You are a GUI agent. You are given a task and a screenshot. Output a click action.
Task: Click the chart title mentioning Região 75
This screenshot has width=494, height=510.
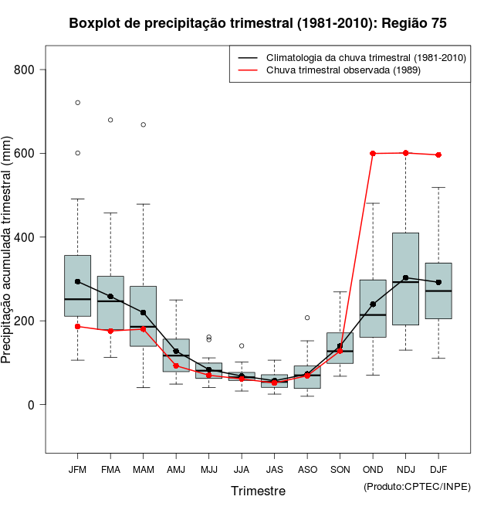point(258,23)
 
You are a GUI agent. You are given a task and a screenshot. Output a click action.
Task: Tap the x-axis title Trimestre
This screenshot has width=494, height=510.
point(258,491)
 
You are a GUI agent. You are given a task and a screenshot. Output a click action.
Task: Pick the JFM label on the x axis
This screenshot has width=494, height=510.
point(77,469)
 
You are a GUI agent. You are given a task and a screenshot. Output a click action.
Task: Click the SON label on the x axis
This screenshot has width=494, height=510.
point(340,469)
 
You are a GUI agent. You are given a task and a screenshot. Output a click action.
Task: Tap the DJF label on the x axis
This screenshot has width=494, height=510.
point(438,469)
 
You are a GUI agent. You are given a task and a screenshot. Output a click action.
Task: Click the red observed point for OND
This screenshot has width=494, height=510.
point(373,154)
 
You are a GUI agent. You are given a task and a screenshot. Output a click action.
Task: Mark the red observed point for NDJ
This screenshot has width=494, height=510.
point(405,153)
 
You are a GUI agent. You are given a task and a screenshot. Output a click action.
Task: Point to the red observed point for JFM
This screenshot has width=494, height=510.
point(77,326)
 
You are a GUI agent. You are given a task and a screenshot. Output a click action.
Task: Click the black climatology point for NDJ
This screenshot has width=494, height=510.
point(405,277)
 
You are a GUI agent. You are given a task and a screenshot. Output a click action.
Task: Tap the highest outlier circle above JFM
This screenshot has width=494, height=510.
point(77,103)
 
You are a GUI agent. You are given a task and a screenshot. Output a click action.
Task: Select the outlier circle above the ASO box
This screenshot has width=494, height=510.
point(307,318)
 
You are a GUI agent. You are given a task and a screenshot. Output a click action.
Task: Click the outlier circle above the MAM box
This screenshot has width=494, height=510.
point(143,124)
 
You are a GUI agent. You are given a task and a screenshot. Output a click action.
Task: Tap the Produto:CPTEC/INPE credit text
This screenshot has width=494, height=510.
point(417,486)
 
